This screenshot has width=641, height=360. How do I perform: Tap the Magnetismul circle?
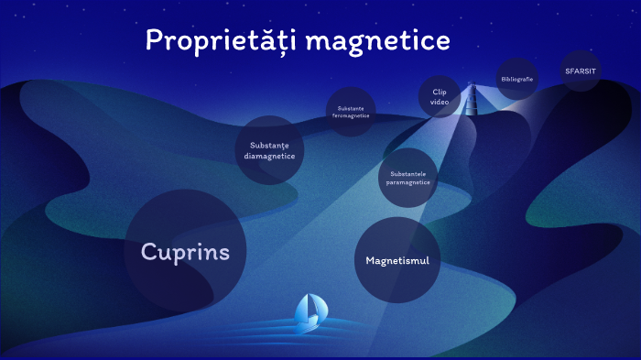coord(397,260)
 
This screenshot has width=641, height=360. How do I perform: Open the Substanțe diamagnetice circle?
coord(270,150)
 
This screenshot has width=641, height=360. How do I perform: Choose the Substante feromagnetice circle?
coord(351,112)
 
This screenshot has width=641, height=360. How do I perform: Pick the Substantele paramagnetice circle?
coord(407,178)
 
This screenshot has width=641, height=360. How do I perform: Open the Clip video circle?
coord(440,97)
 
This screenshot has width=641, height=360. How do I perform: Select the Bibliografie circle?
coord(517,79)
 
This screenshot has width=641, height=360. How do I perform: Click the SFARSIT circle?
coord(581,71)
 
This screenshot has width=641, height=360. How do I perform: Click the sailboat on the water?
coord(309,313)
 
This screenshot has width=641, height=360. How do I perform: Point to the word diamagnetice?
coord(270,156)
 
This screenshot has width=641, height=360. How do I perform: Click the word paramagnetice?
coord(407,182)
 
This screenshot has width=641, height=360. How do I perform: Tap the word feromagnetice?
coord(351,116)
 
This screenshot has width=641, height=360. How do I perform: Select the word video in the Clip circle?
coord(440,103)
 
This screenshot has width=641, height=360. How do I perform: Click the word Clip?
coord(440,92)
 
